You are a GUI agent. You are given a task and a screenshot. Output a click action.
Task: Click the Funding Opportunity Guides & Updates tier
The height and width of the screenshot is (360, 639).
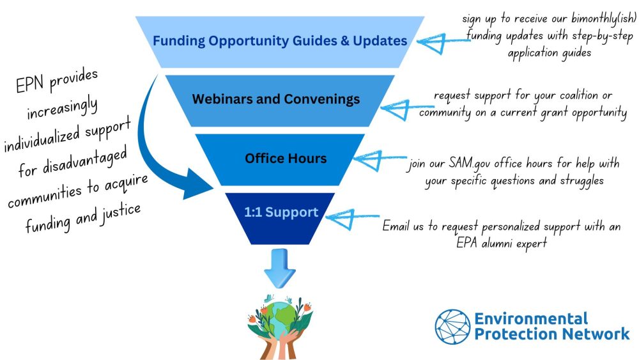[280, 42]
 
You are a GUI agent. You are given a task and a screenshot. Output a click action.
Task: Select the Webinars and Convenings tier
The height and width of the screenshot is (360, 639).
[280, 100]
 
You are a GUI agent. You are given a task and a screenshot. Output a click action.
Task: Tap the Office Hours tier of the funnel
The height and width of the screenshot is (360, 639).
[280, 159]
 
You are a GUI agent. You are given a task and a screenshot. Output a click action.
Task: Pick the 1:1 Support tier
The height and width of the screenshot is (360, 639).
[280, 219]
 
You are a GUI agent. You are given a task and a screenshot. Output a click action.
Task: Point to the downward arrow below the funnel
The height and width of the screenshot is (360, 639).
[280, 268]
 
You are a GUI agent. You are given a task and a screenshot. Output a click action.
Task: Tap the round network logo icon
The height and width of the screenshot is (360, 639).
[452, 327]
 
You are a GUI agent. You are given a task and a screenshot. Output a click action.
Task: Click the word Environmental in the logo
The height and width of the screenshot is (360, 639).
[531, 318]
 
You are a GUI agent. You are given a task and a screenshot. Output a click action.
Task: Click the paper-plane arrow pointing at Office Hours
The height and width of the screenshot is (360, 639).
[378, 160]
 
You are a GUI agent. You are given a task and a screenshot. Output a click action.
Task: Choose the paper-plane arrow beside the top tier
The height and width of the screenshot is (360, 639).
[442, 42]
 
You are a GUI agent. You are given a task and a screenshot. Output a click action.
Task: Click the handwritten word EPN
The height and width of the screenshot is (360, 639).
[29, 84]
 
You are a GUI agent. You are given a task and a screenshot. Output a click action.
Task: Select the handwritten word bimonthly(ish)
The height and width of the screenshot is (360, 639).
[603, 19]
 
